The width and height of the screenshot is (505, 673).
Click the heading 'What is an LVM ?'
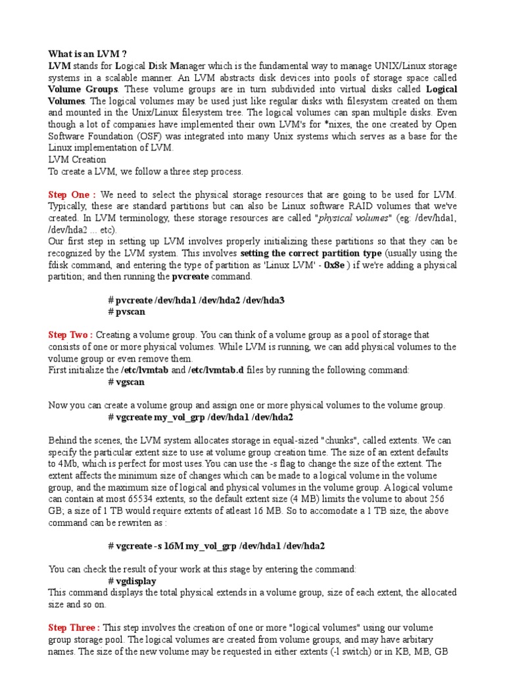point(87,54)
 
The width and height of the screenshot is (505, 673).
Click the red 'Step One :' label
point(72,195)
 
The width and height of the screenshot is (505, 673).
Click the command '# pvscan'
point(126,312)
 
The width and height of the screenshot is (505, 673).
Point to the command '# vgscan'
point(126,382)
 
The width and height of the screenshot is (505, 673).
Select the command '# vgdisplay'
point(133,581)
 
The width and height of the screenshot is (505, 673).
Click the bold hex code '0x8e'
point(355,265)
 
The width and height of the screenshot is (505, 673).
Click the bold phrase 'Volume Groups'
point(83,89)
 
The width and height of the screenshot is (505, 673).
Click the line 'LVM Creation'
point(77,160)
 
